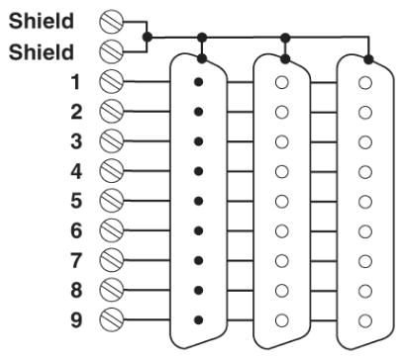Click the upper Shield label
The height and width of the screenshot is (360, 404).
tap(42, 21)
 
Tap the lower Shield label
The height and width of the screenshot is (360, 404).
tap(42, 52)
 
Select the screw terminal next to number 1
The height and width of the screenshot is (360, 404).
tap(111, 81)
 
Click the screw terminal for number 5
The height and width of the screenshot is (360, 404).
tap(111, 201)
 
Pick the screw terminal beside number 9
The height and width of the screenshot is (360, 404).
tap(111, 319)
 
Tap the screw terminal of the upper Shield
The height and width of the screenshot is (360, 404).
tap(111, 22)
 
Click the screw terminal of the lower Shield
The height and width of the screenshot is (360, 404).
tap(111, 51)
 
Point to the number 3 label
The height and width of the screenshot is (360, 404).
tap(76, 141)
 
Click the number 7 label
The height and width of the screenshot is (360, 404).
tap(76, 260)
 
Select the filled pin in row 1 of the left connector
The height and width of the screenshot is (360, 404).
tap(198, 82)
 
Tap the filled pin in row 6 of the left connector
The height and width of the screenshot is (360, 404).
tap(198, 230)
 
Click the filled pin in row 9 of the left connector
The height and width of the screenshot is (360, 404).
tap(198, 319)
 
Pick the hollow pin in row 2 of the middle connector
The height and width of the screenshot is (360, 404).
tap(282, 112)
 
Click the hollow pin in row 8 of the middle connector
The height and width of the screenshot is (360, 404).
tap(282, 291)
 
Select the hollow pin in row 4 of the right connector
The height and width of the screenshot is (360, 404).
tap(365, 172)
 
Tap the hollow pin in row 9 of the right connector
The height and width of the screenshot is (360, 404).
tap(365, 320)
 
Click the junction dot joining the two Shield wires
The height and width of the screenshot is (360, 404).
tap(148, 37)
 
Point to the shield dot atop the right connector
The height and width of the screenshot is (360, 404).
tap(368, 59)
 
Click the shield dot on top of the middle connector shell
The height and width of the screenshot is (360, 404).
tap(285, 59)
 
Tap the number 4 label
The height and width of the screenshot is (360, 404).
tap(76, 171)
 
